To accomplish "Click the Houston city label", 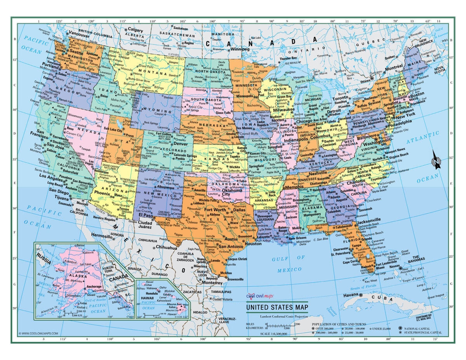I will pyautogui.click(x=253, y=244).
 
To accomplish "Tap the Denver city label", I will pyautogui.click(x=181, y=143).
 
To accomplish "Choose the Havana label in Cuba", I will pyautogui.click(x=352, y=296).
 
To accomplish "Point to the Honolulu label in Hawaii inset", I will pyautogui.click(x=151, y=293).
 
